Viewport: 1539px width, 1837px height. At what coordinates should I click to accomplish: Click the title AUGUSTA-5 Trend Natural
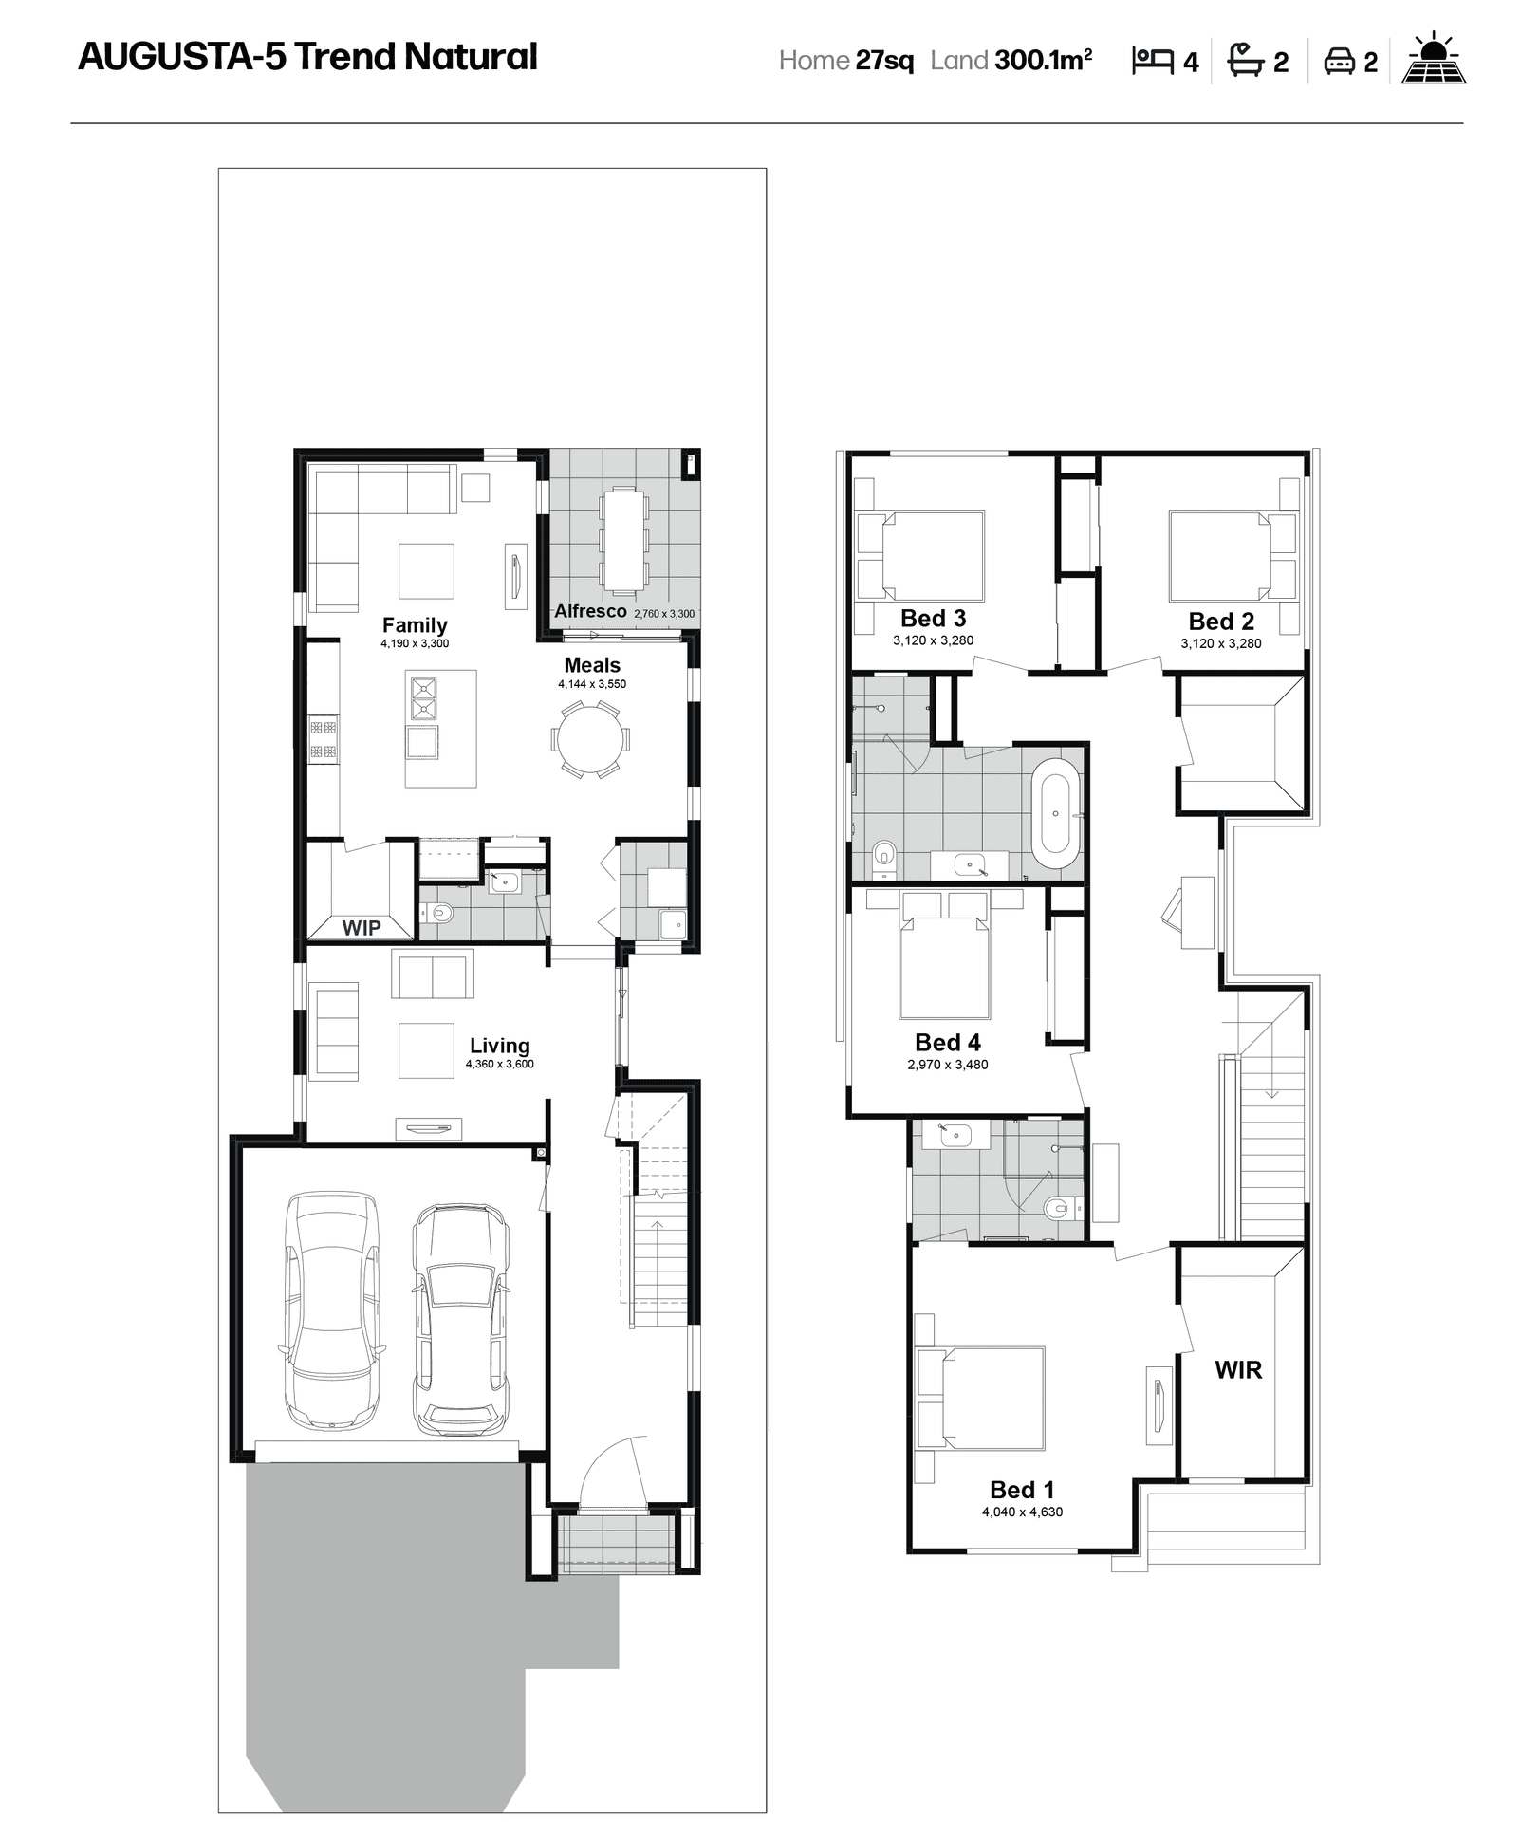point(307,57)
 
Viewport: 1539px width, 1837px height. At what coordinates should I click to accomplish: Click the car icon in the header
point(1339,62)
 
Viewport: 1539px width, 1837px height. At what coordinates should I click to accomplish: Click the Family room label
point(415,624)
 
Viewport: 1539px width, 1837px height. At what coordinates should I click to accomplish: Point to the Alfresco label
point(590,611)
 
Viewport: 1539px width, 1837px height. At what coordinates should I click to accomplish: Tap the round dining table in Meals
point(589,739)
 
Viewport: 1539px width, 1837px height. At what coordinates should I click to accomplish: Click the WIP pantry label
point(362,928)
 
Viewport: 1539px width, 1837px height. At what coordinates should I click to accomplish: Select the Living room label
point(499,1045)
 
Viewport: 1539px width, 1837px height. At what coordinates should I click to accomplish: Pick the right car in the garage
point(459,1320)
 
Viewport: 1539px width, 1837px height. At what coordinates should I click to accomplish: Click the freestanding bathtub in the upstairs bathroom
point(1056,813)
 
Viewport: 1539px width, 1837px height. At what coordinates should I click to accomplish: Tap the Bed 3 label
point(933,618)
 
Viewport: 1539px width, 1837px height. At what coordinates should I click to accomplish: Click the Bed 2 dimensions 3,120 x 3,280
point(1220,643)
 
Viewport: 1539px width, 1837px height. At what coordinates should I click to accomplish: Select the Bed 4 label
point(947,1042)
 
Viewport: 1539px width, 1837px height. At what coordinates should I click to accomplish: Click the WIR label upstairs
point(1238,1369)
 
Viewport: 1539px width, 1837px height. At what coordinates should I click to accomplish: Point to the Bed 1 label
point(1021,1490)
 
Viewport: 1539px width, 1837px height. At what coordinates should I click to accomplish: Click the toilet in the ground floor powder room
point(440,914)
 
